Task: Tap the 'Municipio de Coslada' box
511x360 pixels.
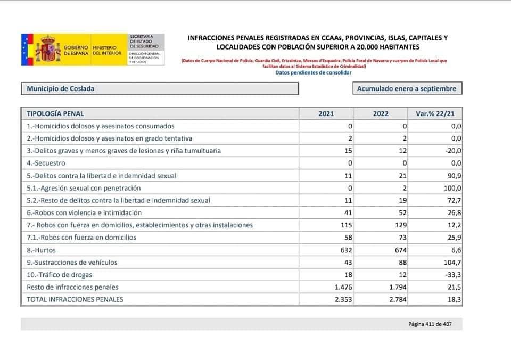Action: coord(160,89)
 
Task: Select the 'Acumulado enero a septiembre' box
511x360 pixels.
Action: coord(407,89)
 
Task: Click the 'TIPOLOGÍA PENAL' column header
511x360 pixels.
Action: coord(55,113)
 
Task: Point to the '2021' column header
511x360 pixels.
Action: coord(326,113)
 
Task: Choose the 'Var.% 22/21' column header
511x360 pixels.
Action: coord(435,113)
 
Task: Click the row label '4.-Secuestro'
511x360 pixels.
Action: coord(46,163)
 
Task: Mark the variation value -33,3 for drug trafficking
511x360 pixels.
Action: coord(453,275)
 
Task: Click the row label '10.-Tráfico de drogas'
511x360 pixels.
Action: coord(60,275)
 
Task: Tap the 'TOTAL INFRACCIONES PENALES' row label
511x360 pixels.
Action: coord(75,299)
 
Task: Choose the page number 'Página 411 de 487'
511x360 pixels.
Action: coord(430,324)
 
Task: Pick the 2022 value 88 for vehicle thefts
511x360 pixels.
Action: coord(402,263)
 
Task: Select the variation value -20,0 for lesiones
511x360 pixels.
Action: coord(453,151)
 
